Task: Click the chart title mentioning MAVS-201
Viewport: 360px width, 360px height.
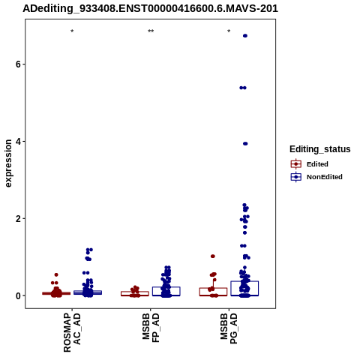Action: [x=150, y=8]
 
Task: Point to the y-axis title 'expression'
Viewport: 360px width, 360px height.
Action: [x=8, y=163]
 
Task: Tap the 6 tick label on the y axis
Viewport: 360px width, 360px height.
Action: [x=18, y=64]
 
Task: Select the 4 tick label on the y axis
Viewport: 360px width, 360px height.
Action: [x=18, y=142]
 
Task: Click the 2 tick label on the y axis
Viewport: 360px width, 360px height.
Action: [x=18, y=219]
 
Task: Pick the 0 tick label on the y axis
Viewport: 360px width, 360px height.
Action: [x=18, y=296]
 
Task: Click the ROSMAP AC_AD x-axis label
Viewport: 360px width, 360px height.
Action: [x=72, y=332]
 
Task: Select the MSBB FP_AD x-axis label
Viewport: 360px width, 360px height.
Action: [x=151, y=328]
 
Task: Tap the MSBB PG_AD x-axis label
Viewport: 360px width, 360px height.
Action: [x=229, y=328]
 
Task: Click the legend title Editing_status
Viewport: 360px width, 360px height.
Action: [x=320, y=149]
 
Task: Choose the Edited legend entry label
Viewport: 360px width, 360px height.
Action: [x=317, y=164]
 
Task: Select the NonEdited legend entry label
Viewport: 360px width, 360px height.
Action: [x=325, y=177]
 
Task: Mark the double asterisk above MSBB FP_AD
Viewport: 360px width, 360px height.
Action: [x=151, y=31]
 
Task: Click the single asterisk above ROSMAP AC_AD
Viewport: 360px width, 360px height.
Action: [x=72, y=31]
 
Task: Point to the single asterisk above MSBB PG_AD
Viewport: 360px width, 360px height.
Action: [x=229, y=31]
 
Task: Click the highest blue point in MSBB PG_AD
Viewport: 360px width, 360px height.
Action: [x=245, y=36]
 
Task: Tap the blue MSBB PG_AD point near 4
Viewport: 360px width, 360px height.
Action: [x=245, y=143]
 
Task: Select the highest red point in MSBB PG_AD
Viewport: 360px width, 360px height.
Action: [x=213, y=256]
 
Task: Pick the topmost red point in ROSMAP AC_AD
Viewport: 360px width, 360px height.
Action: [x=56, y=274]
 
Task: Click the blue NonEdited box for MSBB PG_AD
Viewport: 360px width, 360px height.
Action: [x=244, y=281]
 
